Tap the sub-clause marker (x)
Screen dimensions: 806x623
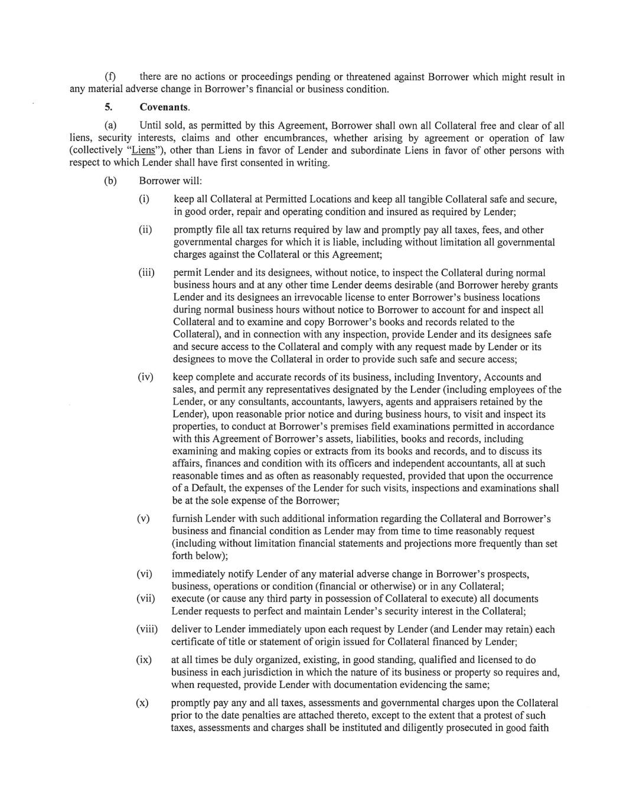coord(142,703)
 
